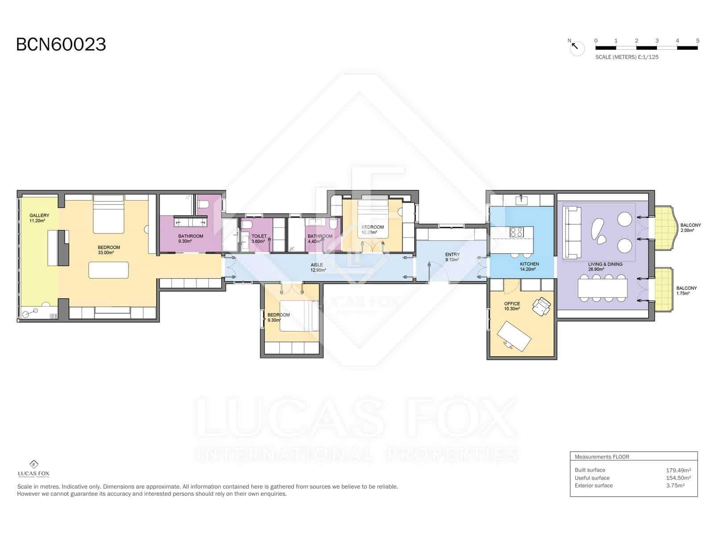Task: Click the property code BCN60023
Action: click(61, 45)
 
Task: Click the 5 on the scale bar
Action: click(697, 41)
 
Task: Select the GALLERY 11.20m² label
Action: click(39, 218)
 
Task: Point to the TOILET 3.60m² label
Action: click(259, 239)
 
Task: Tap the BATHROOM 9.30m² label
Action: click(191, 239)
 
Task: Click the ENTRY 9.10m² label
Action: click(452, 257)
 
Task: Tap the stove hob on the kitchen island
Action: click(517, 232)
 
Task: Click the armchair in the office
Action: click(541, 307)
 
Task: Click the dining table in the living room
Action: click(602, 288)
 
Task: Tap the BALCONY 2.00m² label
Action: click(690, 228)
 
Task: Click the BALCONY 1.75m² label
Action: click(686, 291)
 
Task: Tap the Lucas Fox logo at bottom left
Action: click(33, 468)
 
